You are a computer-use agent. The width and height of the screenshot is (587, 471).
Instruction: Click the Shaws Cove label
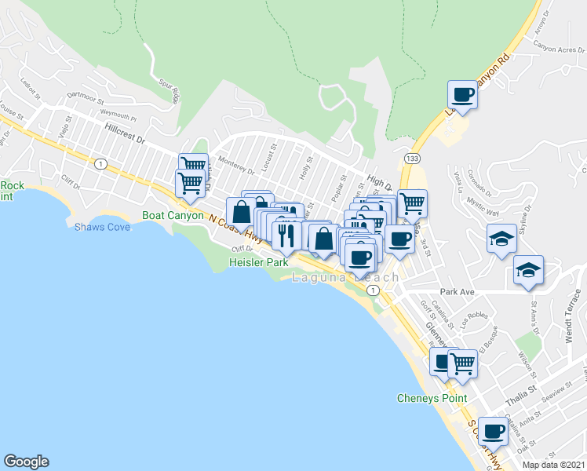(x=102, y=228)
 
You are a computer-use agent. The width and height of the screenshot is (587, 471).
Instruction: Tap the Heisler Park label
(x=258, y=263)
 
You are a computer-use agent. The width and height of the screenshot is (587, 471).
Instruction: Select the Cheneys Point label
(x=432, y=398)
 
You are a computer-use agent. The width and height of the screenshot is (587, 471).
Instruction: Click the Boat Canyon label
(x=173, y=215)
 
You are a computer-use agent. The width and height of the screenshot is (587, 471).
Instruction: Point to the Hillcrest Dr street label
(x=124, y=132)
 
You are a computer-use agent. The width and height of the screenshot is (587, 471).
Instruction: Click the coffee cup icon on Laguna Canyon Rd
(x=462, y=95)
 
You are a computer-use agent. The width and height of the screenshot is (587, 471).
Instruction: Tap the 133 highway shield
(x=412, y=159)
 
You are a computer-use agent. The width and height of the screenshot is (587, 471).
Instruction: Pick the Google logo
(x=26, y=462)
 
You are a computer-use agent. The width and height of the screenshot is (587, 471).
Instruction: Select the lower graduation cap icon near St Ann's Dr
(x=529, y=271)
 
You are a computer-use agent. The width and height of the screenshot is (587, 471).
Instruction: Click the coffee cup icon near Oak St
(x=493, y=430)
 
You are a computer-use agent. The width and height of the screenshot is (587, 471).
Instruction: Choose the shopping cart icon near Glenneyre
(x=463, y=363)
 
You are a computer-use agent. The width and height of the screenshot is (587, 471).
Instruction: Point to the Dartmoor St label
(x=86, y=99)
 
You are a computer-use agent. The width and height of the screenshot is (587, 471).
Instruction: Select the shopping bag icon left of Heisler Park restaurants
(x=241, y=212)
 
